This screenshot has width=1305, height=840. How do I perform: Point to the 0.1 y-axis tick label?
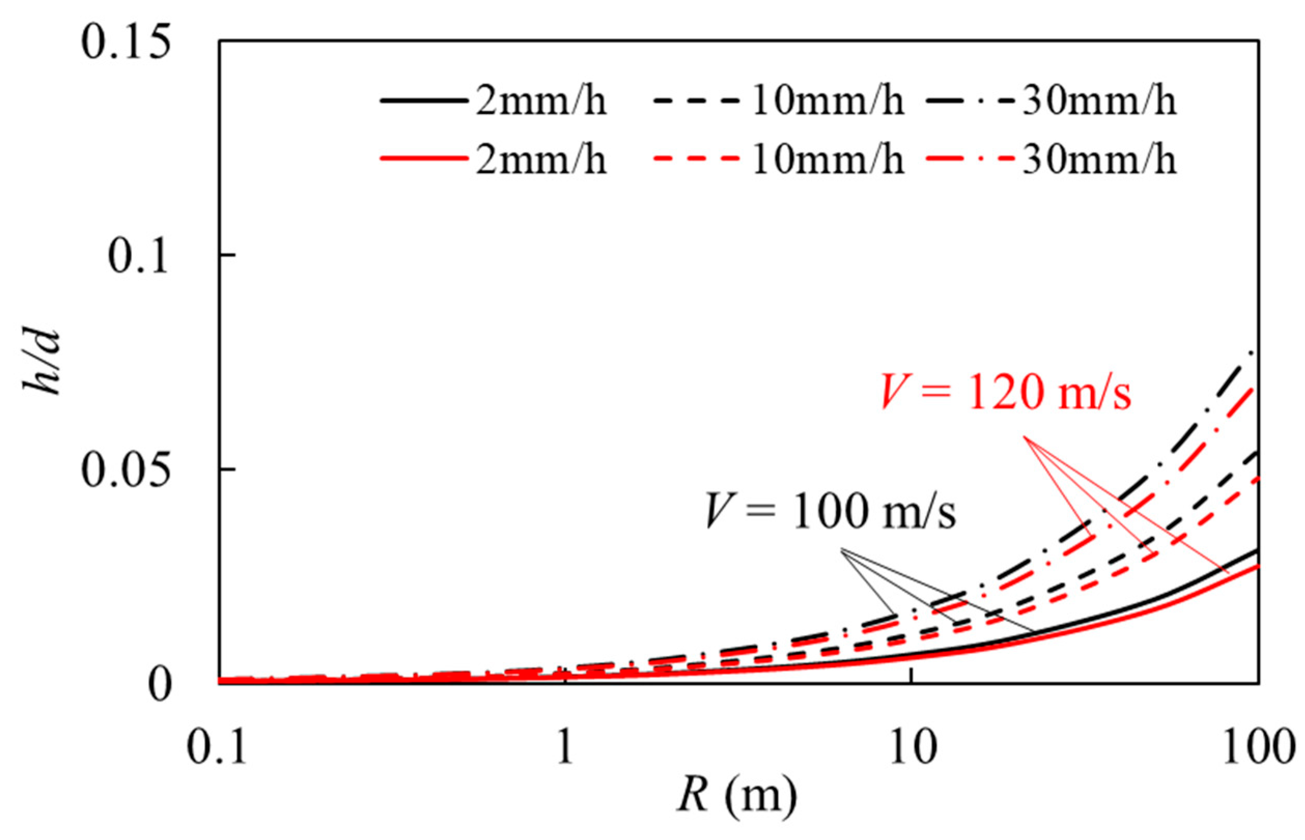137,256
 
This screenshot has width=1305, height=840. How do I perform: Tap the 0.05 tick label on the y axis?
124,470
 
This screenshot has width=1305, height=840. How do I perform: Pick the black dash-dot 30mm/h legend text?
1098,102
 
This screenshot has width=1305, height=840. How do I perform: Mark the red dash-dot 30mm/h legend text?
1098,160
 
